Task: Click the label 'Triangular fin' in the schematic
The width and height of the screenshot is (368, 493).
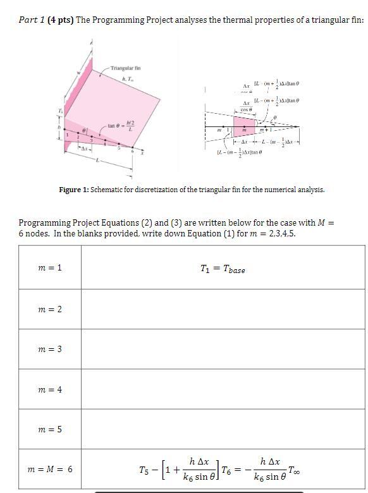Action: tap(125, 68)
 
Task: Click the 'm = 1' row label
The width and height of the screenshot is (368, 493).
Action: tap(50, 267)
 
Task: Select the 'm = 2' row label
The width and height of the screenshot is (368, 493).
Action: tap(50, 309)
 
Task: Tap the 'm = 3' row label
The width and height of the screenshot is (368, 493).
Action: tap(50, 349)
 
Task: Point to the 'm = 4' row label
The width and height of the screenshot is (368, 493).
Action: tap(50, 389)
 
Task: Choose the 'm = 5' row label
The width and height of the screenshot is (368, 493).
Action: tap(50, 429)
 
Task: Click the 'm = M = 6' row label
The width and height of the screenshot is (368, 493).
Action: tap(50, 469)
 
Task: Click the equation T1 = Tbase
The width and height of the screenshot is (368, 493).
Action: tap(222, 269)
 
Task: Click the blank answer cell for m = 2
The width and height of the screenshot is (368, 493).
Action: tap(223, 309)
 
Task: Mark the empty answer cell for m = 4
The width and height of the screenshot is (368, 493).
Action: tap(223, 389)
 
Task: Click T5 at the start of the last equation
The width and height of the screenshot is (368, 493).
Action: tap(145, 470)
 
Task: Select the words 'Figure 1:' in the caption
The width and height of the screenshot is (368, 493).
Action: tap(74, 190)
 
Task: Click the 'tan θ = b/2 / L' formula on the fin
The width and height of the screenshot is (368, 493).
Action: tap(121, 125)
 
